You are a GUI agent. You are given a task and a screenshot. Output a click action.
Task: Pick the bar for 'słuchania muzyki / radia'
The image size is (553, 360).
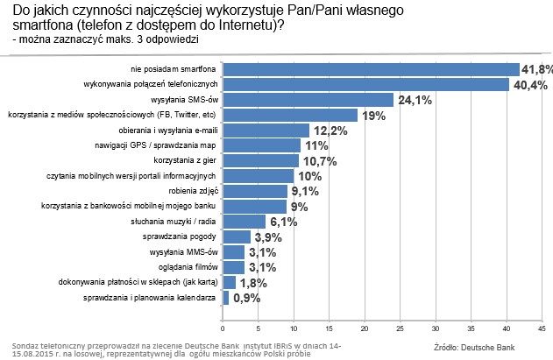point(244,221)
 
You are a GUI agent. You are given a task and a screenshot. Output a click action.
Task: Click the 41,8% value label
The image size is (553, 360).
point(537,69)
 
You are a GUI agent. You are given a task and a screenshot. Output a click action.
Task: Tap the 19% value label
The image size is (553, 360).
point(372,115)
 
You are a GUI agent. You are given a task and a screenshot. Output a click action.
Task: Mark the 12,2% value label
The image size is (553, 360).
point(330,131)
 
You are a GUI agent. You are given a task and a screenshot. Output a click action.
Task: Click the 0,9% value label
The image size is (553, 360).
point(247,298)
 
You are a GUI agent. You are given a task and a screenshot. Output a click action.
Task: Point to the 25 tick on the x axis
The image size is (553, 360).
point(401,328)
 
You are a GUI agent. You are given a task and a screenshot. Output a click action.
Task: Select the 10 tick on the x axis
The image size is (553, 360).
point(294,328)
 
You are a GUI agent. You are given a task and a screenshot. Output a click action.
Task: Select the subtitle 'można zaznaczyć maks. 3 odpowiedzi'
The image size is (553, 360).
point(106,40)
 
